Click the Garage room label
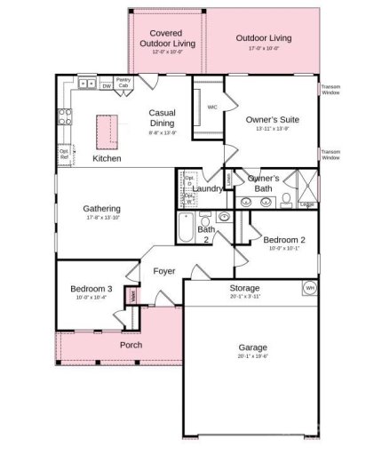click(x=252, y=347)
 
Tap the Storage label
click(x=244, y=289)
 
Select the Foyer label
click(x=163, y=271)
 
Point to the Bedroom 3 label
click(x=91, y=289)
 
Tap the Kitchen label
click(x=107, y=158)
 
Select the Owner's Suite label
click(x=273, y=119)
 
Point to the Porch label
click(x=131, y=345)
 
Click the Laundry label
click(x=207, y=188)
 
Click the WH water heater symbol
click(x=310, y=289)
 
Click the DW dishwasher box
click(x=107, y=86)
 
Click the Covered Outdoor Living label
click(x=166, y=41)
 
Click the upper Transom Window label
click(x=330, y=89)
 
